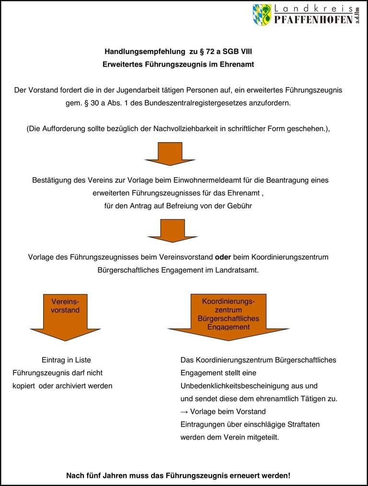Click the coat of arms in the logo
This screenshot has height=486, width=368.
coord(262,15)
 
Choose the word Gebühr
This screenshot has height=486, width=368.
coord(239,205)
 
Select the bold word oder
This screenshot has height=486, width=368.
coord(223,257)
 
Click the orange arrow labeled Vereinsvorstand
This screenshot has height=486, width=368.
coord(65,316)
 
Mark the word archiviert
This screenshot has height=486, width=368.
coord(75,385)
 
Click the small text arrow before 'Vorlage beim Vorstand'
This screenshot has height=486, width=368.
coord(184,411)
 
